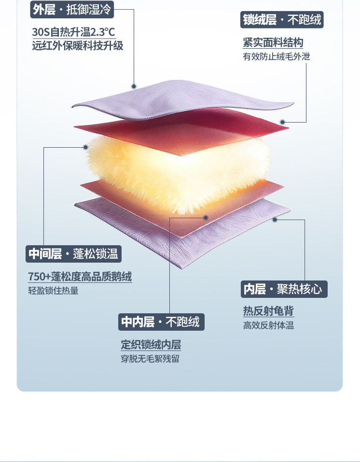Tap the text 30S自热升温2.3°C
(73, 32)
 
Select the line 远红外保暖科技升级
(77, 46)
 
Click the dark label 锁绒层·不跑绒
(281, 20)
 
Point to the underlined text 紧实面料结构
(273, 42)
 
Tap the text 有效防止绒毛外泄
(276, 56)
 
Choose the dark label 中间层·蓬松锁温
(73, 253)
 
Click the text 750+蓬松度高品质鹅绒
(80, 277)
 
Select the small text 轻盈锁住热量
(53, 291)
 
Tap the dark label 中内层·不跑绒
(161, 322)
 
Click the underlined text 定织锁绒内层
(151, 345)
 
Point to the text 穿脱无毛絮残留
(150, 359)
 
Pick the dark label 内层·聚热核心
(284, 289)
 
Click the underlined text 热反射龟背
(268, 311)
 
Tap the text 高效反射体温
(268, 325)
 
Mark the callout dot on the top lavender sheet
(134, 86)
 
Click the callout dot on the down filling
(85, 147)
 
